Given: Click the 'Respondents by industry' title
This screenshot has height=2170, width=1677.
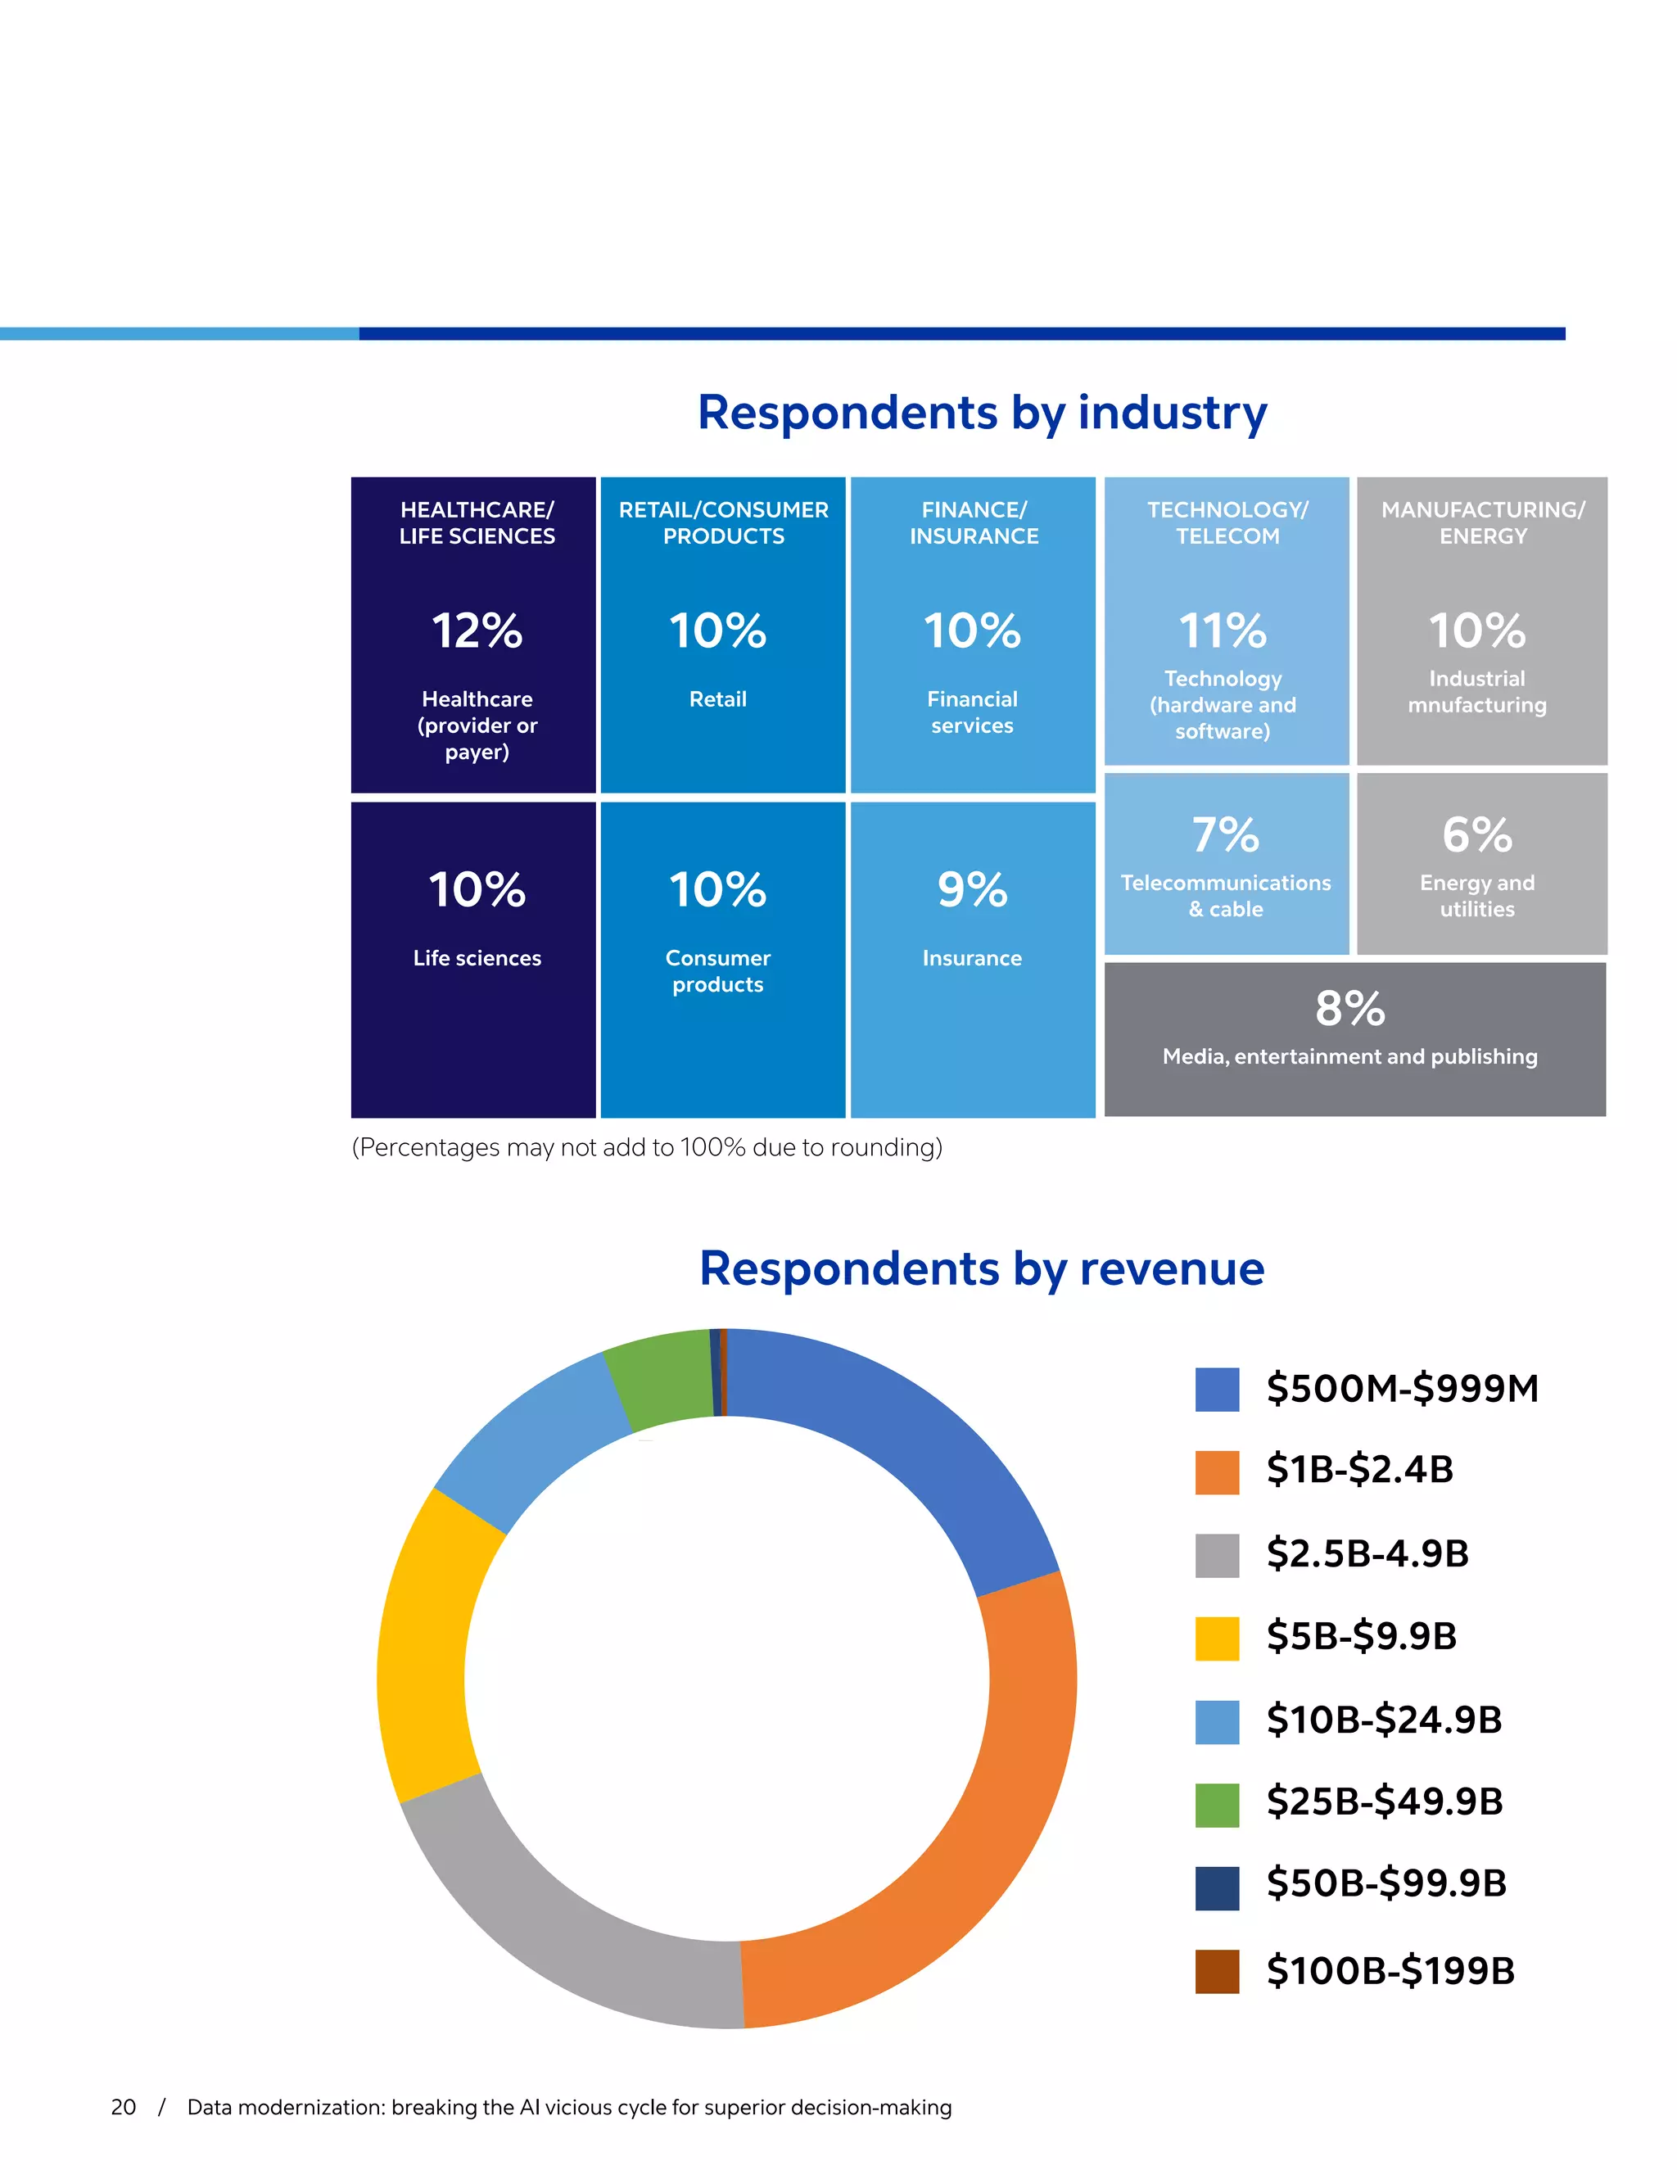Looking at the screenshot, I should (x=982, y=413).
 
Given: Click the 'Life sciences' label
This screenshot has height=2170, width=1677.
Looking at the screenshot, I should (x=477, y=958).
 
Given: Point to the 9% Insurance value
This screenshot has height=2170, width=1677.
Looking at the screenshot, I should (x=972, y=889).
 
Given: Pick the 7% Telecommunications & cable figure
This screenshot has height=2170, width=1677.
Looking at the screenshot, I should (x=1225, y=834).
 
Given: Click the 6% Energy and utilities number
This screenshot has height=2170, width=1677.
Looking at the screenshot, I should (x=1477, y=834).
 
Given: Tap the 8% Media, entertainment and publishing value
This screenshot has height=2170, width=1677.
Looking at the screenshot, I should (x=1349, y=1009).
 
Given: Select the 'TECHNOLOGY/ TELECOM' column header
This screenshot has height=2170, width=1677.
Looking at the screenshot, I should (x=1227, y=522).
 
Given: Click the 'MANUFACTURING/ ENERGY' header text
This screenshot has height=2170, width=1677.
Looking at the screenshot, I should (x=1482, y=522).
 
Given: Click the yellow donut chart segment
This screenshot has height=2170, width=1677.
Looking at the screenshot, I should (x=427, y=1649).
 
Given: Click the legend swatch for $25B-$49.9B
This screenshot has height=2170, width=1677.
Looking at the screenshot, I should (x=1217, y=1806).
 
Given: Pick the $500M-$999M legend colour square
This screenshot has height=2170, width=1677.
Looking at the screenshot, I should (x=1217, y=1389).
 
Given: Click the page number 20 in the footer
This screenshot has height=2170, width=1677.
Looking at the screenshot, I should (x=123, y=2108).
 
